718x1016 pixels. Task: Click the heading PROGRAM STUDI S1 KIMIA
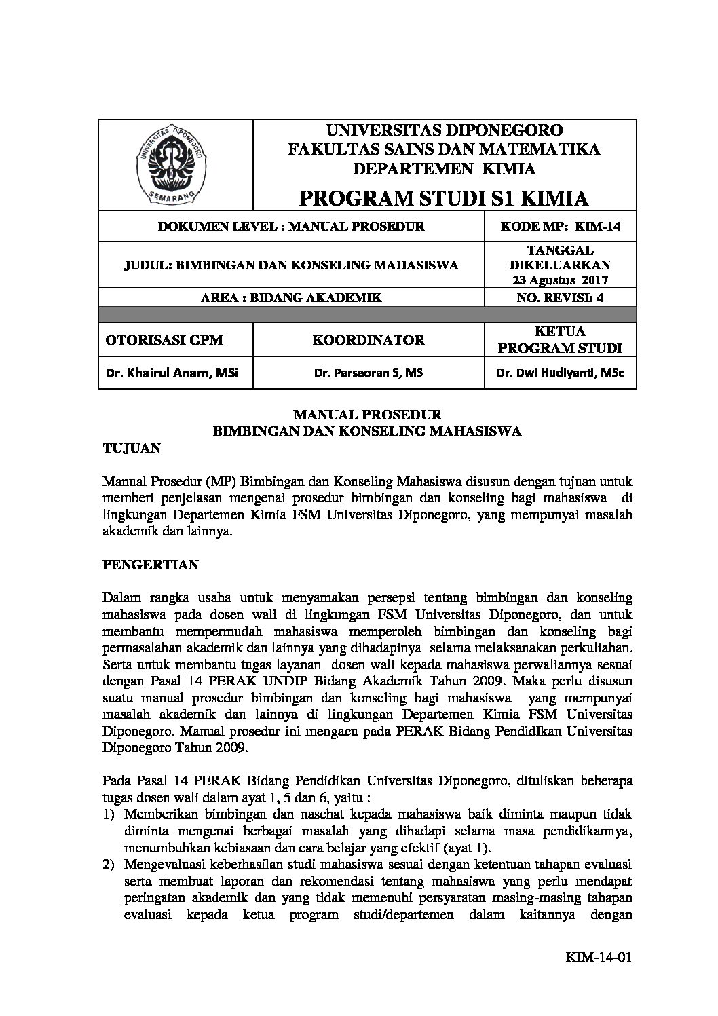tap(444, 198)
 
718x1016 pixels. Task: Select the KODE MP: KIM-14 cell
tap(560, 227)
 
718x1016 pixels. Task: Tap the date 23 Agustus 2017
tap(560, 280)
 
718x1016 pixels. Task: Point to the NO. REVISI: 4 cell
tap(560, 297)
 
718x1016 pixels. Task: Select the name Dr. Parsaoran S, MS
tap(369, 372)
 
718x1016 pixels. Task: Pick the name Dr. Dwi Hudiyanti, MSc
tap(560, 372)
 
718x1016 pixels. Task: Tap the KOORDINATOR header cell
tap(369, 340)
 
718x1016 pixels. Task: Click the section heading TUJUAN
tap(131, 448)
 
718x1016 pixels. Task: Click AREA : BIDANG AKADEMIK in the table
tap(291, 297)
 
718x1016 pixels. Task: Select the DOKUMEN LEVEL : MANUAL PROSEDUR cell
tap(291, 227)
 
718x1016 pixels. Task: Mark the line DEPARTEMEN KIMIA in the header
tap(444, 168)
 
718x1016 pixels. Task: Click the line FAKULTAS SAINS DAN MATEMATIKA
tap(444, 149)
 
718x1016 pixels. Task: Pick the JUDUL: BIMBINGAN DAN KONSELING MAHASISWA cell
tap(291, 265)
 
